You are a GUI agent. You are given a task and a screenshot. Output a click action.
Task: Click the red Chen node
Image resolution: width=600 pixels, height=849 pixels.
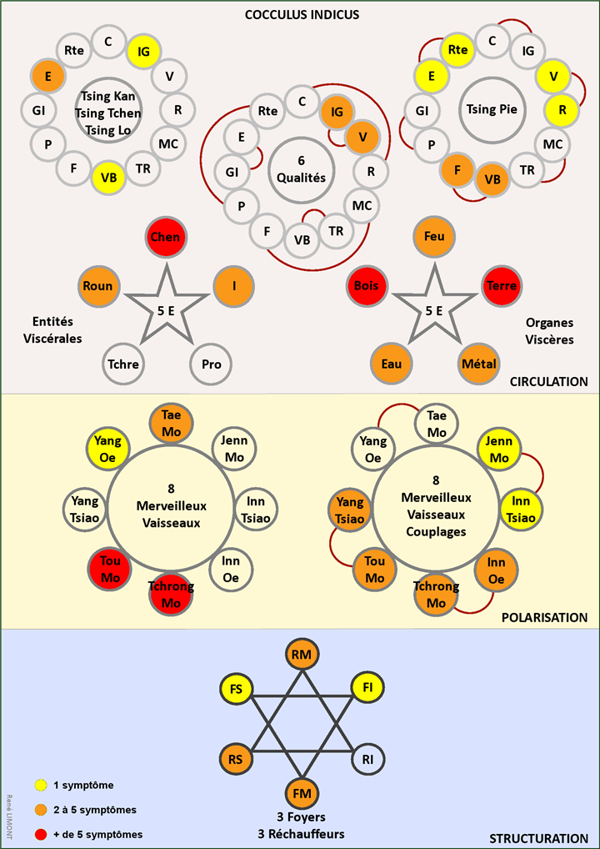coord(165,238)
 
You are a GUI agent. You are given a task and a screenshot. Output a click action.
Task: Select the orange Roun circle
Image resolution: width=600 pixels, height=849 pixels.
coord(97,286)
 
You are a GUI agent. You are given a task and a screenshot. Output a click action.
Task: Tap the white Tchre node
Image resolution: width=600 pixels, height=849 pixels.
coord(123,364)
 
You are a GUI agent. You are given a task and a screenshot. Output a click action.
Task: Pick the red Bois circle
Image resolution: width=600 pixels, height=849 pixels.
coord(365,286)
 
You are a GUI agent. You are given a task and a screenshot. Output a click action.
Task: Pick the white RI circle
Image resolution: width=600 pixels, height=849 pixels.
coord(369,758)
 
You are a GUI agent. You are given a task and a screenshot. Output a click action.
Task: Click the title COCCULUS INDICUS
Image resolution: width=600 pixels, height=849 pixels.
coord(302,15)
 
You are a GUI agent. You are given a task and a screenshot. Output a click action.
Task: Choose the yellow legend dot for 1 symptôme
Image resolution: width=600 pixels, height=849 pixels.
coord(40,785)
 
